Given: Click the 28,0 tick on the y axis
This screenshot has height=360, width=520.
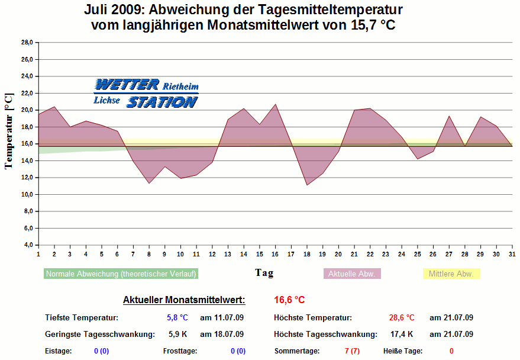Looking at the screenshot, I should (27, 43).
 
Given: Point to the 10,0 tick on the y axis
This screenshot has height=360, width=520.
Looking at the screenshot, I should (27, 195).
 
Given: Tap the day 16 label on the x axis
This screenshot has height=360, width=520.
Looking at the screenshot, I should (275, 254).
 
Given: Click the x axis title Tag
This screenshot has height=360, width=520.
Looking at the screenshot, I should (264, 273).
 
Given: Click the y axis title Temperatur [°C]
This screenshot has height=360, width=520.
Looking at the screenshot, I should (8, 131).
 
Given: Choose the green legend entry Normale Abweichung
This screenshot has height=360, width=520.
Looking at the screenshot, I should (121, 274).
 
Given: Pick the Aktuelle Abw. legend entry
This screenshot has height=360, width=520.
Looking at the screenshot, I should (351, 274).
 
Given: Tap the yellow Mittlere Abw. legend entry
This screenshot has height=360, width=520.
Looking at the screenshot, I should (451, 274).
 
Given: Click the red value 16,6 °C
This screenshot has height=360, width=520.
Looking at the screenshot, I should (289, 300).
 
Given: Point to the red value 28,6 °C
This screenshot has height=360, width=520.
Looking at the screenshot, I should (402, 318).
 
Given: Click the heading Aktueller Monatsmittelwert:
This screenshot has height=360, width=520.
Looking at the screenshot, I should (184, 300).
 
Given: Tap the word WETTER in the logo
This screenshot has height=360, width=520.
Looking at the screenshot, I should (127, 85).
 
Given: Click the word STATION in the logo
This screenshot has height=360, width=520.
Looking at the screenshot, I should (161, 102).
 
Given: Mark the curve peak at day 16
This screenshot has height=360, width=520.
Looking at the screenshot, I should (275, 104).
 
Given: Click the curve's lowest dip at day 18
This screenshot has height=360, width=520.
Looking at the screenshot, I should (307, 185).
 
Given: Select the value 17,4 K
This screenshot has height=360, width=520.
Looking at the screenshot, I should (402, 335).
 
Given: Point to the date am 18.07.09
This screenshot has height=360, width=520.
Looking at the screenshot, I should (222, 335).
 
